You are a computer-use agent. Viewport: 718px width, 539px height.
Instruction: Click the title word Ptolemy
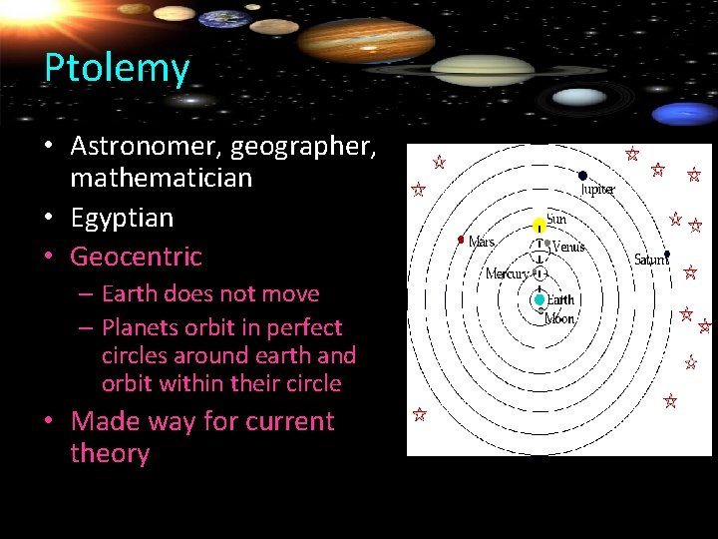click(x=116, y=68)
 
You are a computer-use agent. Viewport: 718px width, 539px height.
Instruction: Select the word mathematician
click(x=161, y=179)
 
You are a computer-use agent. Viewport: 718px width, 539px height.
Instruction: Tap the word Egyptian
click(x=122, y=218)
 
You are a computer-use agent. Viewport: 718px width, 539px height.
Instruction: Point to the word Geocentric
click(x=136, y=257)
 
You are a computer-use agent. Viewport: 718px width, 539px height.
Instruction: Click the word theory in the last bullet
click(x=110, y=454)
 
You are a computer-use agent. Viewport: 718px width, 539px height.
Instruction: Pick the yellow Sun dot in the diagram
click(x=539, y=225)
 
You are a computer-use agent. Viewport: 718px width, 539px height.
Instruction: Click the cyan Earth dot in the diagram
click(x=539, y=299)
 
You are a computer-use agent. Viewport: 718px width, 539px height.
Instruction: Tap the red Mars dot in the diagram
click(x=461, y=240)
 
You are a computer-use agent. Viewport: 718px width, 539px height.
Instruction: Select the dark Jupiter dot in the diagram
click(x=583, y=176)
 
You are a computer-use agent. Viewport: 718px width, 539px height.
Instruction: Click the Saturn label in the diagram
click(x=650, y=260)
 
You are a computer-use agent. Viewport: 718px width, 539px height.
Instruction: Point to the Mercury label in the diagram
click(x=507, y=273)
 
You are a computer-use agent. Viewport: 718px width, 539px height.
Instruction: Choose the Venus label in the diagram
click(x=567, y=247)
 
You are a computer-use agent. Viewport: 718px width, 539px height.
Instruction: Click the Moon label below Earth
click(x=558, y=319)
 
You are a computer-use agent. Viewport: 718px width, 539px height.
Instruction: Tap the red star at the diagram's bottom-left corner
click(x=420, y=413)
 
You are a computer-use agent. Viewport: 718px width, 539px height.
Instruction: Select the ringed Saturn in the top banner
click(x=483, y=69)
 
